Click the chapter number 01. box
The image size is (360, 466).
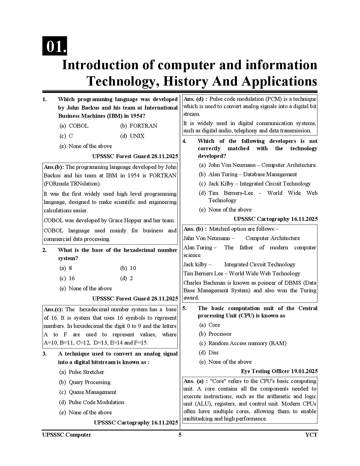[x=55, y=46]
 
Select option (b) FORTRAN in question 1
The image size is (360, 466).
[x=139, y=126]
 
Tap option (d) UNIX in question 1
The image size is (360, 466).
[x=132, y=136]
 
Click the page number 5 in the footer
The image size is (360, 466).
[x=180, y=435]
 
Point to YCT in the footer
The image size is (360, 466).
[x=311, y=435]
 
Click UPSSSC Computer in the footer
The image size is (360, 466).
[x=67, y=435]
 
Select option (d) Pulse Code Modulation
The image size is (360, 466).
[x=92, y=402]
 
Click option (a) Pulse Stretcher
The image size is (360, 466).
[x=82, y=372]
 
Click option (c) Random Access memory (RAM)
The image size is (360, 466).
[x=243, y=343]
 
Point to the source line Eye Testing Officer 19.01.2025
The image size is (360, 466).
[x=279, y=371]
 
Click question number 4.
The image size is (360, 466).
[x=184, y=141]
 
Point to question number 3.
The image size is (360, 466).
[x=45, y=354]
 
